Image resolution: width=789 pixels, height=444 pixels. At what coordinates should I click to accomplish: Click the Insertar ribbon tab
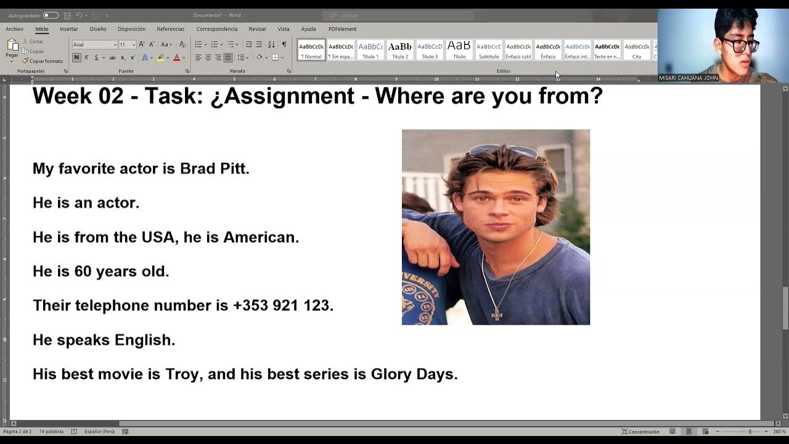68,29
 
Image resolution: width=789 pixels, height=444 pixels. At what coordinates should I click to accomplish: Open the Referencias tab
170,29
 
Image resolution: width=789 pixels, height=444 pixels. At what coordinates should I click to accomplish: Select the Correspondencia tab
216,29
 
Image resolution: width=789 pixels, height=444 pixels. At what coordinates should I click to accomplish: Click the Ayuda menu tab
308,29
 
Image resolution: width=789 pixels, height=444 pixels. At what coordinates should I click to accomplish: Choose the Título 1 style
370,49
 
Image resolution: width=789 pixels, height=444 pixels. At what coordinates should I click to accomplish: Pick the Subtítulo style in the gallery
489,49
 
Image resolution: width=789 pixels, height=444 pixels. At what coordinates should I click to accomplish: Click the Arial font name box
92,44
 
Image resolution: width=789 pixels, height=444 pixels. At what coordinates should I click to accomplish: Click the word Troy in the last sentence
182,374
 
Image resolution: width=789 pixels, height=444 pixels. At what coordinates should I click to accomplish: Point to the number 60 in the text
83,271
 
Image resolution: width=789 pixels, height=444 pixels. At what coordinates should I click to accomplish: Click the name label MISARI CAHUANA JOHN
688,78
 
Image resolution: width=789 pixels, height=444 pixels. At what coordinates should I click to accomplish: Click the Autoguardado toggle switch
51,15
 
